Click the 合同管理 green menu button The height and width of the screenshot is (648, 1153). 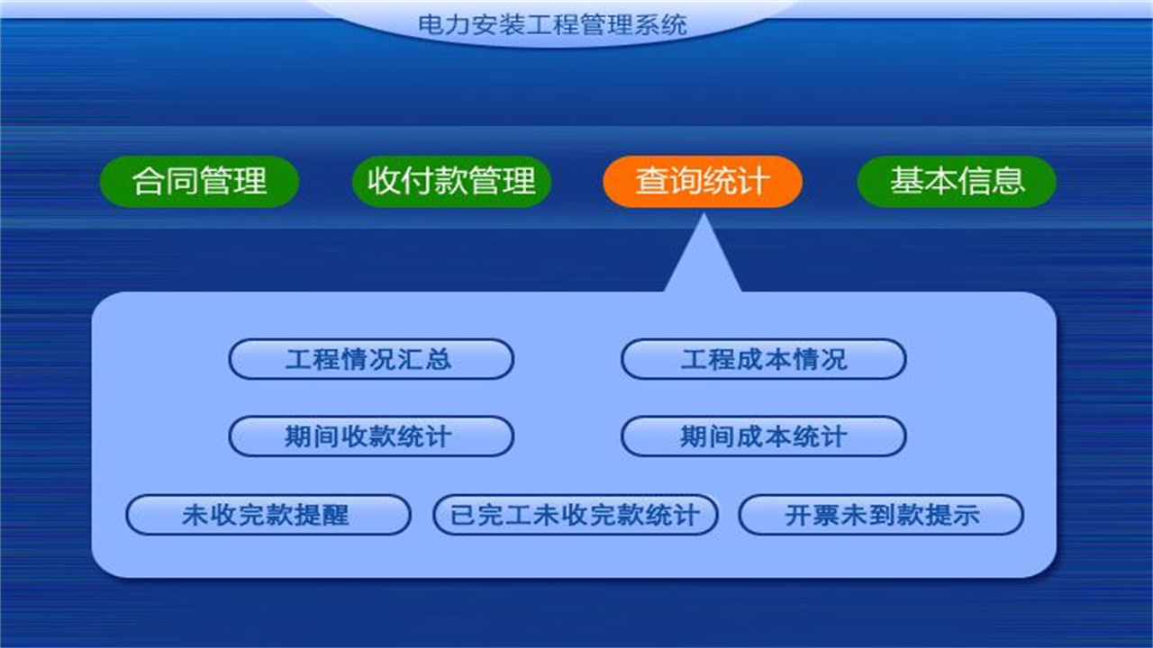(198, 181)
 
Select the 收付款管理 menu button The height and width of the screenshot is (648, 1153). (451, 181)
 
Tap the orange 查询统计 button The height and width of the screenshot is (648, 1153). (702, 181)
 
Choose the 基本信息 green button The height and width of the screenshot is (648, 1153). (956, 181)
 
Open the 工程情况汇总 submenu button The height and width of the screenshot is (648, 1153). (370, 360)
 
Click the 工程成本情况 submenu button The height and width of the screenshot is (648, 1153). (763, 360)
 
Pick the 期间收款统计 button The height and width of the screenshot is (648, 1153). (370, 437)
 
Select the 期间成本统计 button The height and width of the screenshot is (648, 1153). (763, 437)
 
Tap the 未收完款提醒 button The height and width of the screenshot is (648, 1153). (268, 516)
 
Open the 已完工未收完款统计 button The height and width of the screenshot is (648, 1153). (575, 516)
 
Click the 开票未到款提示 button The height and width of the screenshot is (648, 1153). (881, 516)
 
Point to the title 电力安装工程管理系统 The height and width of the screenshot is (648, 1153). (552, 23)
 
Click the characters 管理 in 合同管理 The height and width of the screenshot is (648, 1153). (233, 181)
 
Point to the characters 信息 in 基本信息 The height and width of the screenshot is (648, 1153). (991, 181)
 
